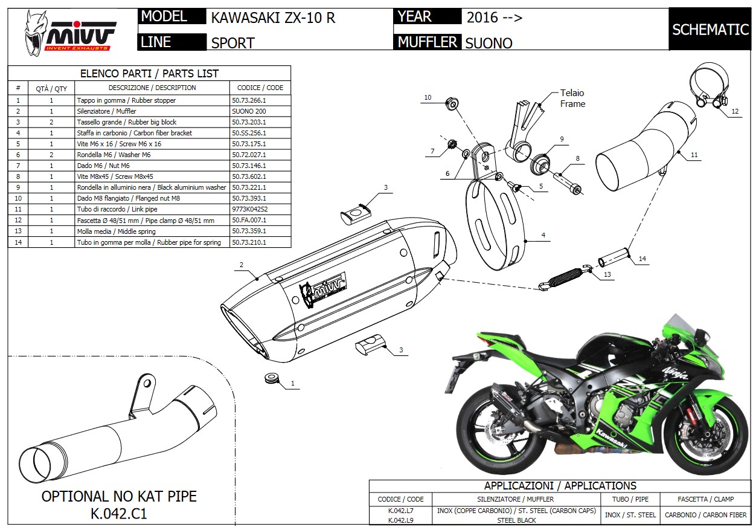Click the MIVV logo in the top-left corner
pyautogui.click(x=69, y=33)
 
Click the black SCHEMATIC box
pyautogui.click(x=710, y=29)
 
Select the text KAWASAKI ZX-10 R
pyautogui.click(x=273, y=18)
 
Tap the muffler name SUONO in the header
pyautogui.click(x=489, y=43)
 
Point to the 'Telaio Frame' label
pyautogui.click(x=572, y=98)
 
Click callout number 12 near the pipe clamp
pyautogui.click(x=734, y=111)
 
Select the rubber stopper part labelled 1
pyautogui.click(x=273, y=380)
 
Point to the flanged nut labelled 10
pyautogui.click(x=452, y=103)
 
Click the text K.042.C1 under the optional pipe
pyautogui.click(x=119, y=514)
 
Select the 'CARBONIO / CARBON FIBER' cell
pyautogui.click(x=705, y=515)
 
